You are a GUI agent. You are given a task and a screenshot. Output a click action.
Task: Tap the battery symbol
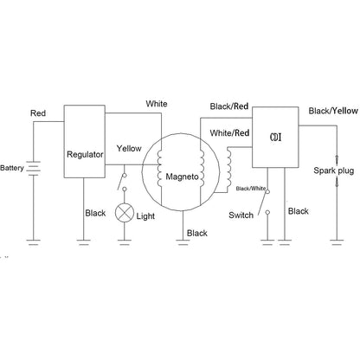tap(33, 168)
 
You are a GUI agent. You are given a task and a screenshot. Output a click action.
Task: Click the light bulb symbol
tap(125, 213)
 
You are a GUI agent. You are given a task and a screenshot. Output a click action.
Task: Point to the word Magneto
tap(182, 177)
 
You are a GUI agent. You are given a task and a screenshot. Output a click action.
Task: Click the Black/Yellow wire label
tap(333, 111)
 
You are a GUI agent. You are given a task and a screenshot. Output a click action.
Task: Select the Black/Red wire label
tap(229, 106)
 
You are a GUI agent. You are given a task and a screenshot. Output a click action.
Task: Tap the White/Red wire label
tap(229, 133)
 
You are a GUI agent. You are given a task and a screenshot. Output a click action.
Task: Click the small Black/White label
tap(251, 189)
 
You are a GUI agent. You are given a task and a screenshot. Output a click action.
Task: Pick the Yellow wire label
tap(129, 149)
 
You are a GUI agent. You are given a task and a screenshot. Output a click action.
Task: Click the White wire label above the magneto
tap(157, 104)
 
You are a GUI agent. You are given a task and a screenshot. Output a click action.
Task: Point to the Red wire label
tap(38, 113)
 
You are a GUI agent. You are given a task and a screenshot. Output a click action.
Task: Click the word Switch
tap(241, 215)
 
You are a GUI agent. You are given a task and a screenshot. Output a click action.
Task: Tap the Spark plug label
tap(334, 170)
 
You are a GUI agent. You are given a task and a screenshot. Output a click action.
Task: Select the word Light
tap(145, 216)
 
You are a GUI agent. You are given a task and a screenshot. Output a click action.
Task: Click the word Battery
tap(12, 168)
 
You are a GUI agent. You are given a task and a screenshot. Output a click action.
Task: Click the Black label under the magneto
tap(197, 233)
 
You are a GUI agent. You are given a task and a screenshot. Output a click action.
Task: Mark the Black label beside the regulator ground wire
tap(95, 213)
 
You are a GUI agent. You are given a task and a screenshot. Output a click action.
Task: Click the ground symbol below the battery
tap(33, 242)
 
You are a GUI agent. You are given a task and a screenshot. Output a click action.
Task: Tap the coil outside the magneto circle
tap(229, 167)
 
